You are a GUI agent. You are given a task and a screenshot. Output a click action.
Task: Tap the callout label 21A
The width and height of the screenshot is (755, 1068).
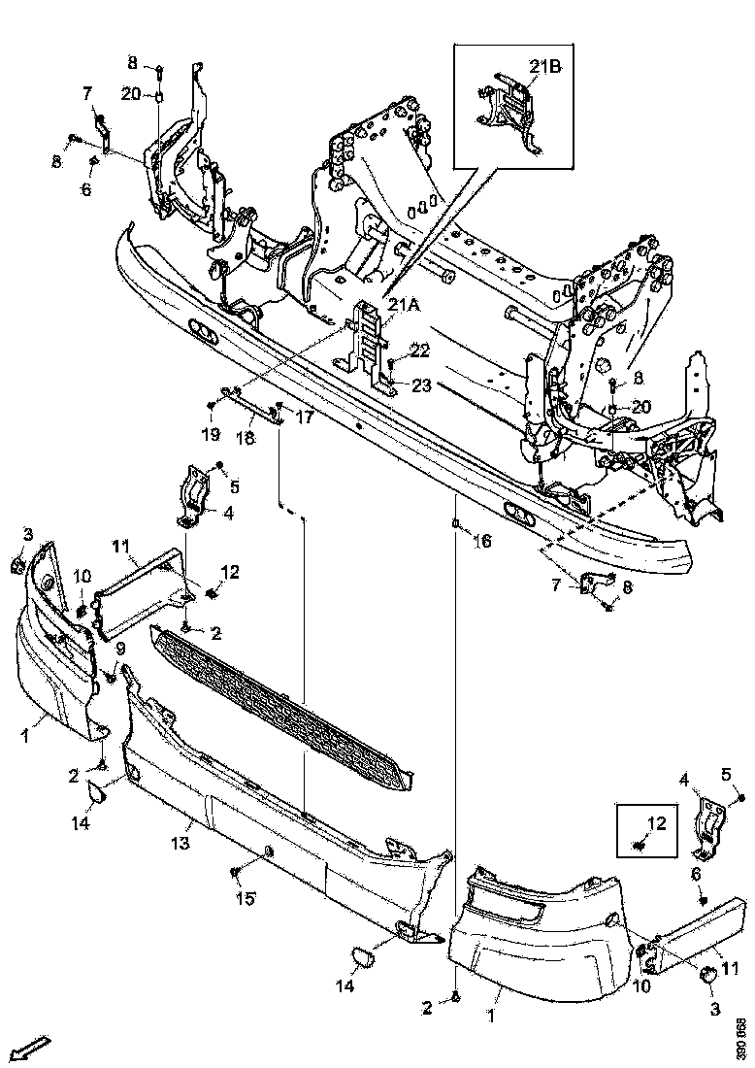405,305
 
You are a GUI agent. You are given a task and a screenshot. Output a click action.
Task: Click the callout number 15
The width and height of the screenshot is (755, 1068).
245,899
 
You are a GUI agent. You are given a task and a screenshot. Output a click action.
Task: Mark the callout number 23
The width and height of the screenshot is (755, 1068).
419,385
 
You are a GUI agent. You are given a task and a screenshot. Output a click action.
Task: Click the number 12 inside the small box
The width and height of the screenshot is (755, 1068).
656,823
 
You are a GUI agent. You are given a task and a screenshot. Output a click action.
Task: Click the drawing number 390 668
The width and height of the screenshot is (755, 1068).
740,1038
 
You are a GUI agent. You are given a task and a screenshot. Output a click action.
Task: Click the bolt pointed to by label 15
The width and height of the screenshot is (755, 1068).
236,873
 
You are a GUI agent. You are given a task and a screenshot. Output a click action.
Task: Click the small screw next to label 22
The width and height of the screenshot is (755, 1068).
391,363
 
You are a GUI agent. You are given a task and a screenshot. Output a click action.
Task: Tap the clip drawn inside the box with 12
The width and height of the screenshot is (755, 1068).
640,846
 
